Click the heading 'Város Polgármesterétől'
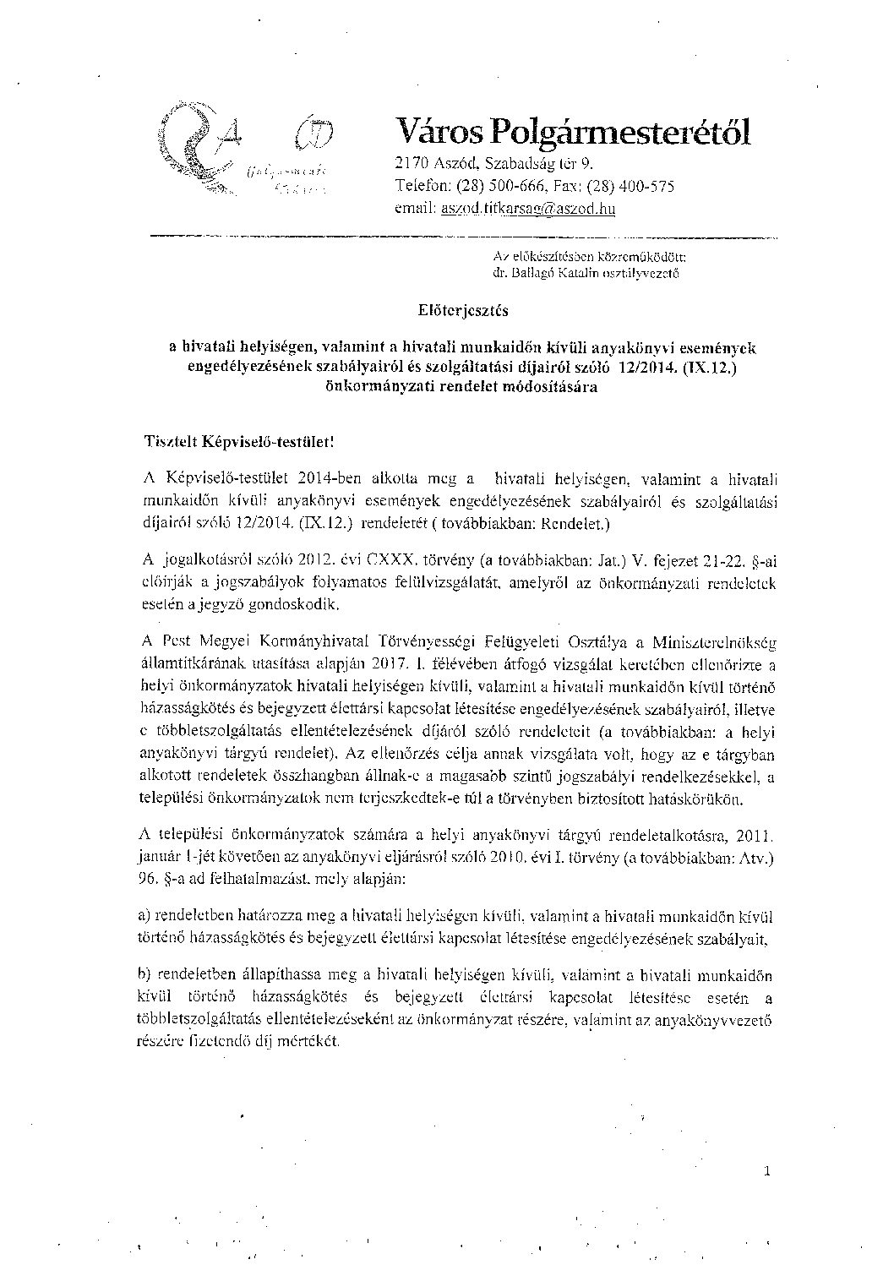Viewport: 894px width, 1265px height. (x=572, y=132)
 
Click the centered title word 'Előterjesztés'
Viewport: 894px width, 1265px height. (x=462, y=310)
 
